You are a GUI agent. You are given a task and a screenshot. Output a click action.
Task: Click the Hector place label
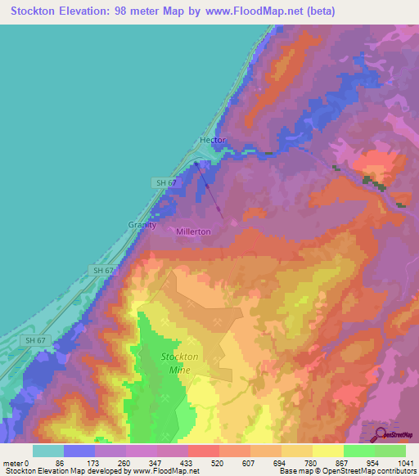click(x=212, y=141)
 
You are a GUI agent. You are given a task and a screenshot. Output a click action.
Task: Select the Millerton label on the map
click(x=193, y=231)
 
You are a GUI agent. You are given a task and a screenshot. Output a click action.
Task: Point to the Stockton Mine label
click(x=179, y=363)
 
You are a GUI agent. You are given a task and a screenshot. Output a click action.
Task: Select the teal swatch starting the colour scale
click(x=47, y=450)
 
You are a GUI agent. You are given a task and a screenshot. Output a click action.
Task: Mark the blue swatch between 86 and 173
click(x=79, y=450)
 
